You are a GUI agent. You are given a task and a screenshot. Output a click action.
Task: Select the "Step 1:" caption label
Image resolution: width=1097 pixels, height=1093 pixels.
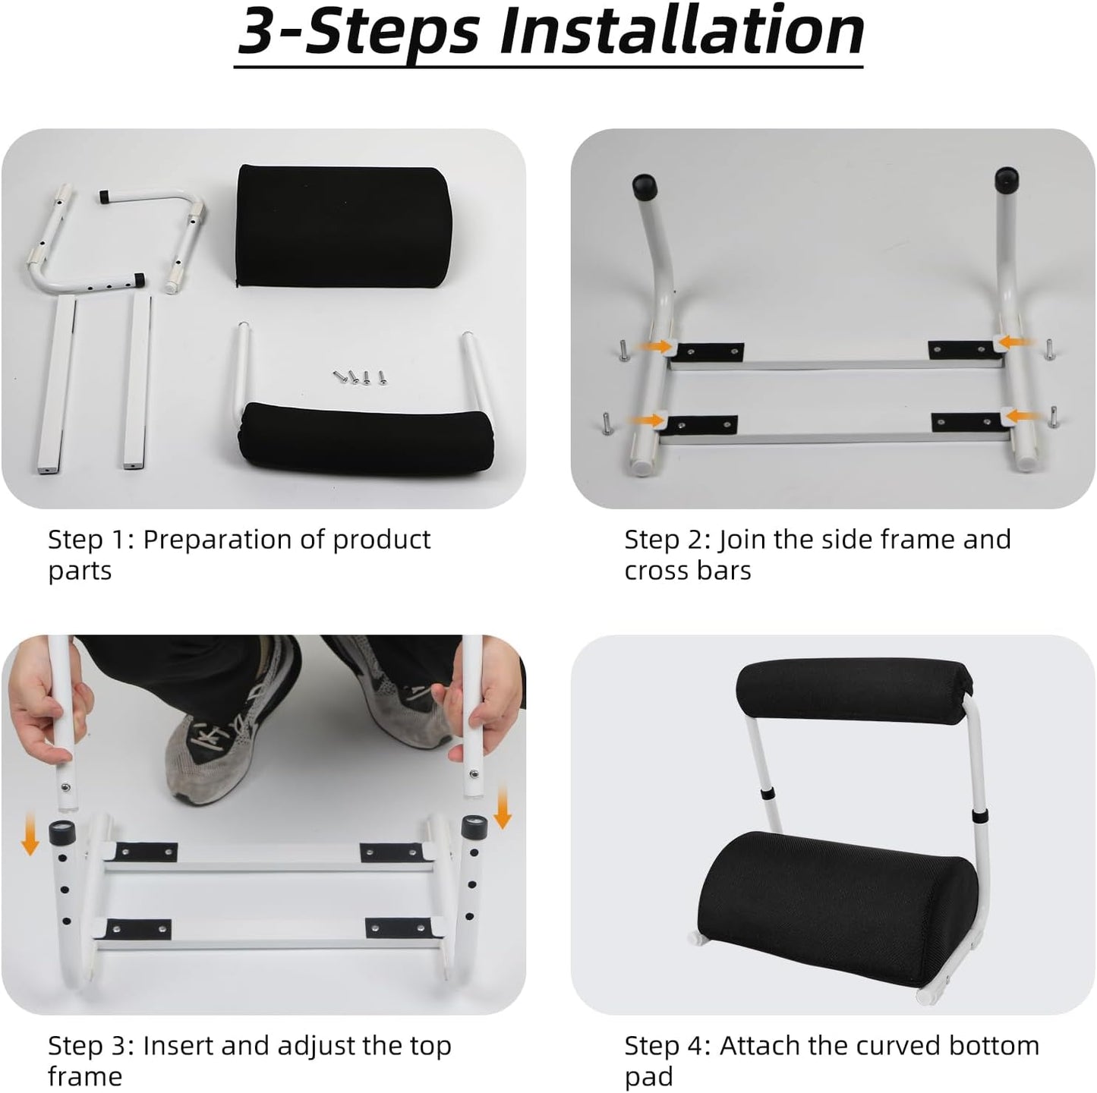(90, 540)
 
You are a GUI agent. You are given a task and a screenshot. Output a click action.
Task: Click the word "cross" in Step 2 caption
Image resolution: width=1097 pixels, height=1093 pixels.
(657, 570)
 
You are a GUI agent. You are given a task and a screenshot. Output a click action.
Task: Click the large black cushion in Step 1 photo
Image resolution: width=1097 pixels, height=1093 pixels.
(342, 224)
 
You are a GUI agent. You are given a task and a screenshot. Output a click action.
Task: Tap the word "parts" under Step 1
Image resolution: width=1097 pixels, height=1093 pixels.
(80, 571)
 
